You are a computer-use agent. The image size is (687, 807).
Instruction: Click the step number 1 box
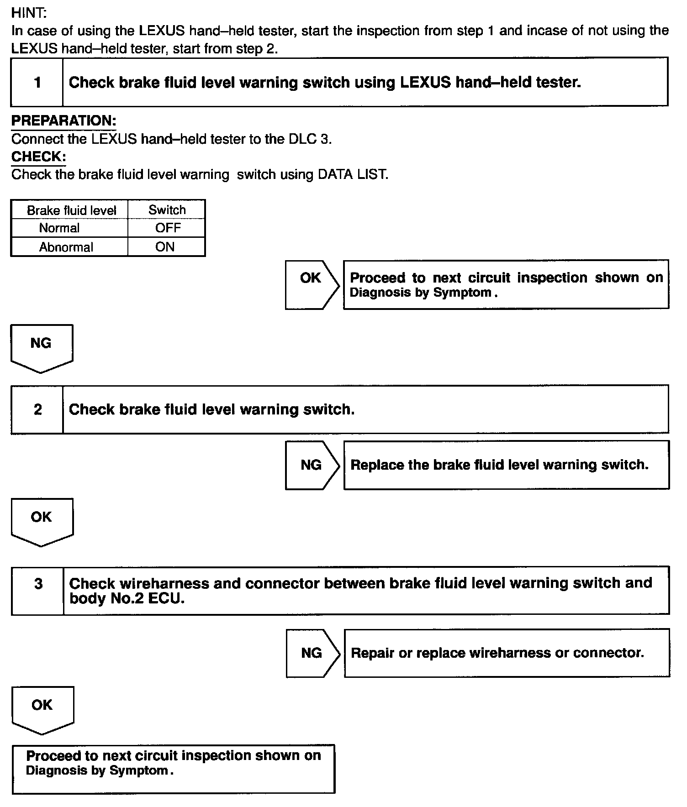point(37,83)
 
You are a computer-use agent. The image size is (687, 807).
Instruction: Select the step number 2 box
point(37,409)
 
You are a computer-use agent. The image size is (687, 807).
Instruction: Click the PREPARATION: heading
point(63,121)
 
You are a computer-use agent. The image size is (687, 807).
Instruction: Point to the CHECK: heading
point(38,157)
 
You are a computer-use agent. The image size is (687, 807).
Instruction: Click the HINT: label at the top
point(29,13)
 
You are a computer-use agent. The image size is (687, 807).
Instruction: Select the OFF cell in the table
point(168,228)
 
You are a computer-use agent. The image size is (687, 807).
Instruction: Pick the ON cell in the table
point(165,247)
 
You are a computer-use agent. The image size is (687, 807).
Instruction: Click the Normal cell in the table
point(59,228)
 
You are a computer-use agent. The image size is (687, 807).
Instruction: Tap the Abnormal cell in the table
point(66,247)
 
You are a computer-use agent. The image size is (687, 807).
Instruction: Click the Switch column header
point(167,210)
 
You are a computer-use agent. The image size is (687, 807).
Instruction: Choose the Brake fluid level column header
point(71,210)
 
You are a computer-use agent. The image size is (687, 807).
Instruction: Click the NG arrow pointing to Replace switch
point(312,465)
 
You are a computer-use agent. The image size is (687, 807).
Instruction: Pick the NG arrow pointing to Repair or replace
point(312,653)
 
